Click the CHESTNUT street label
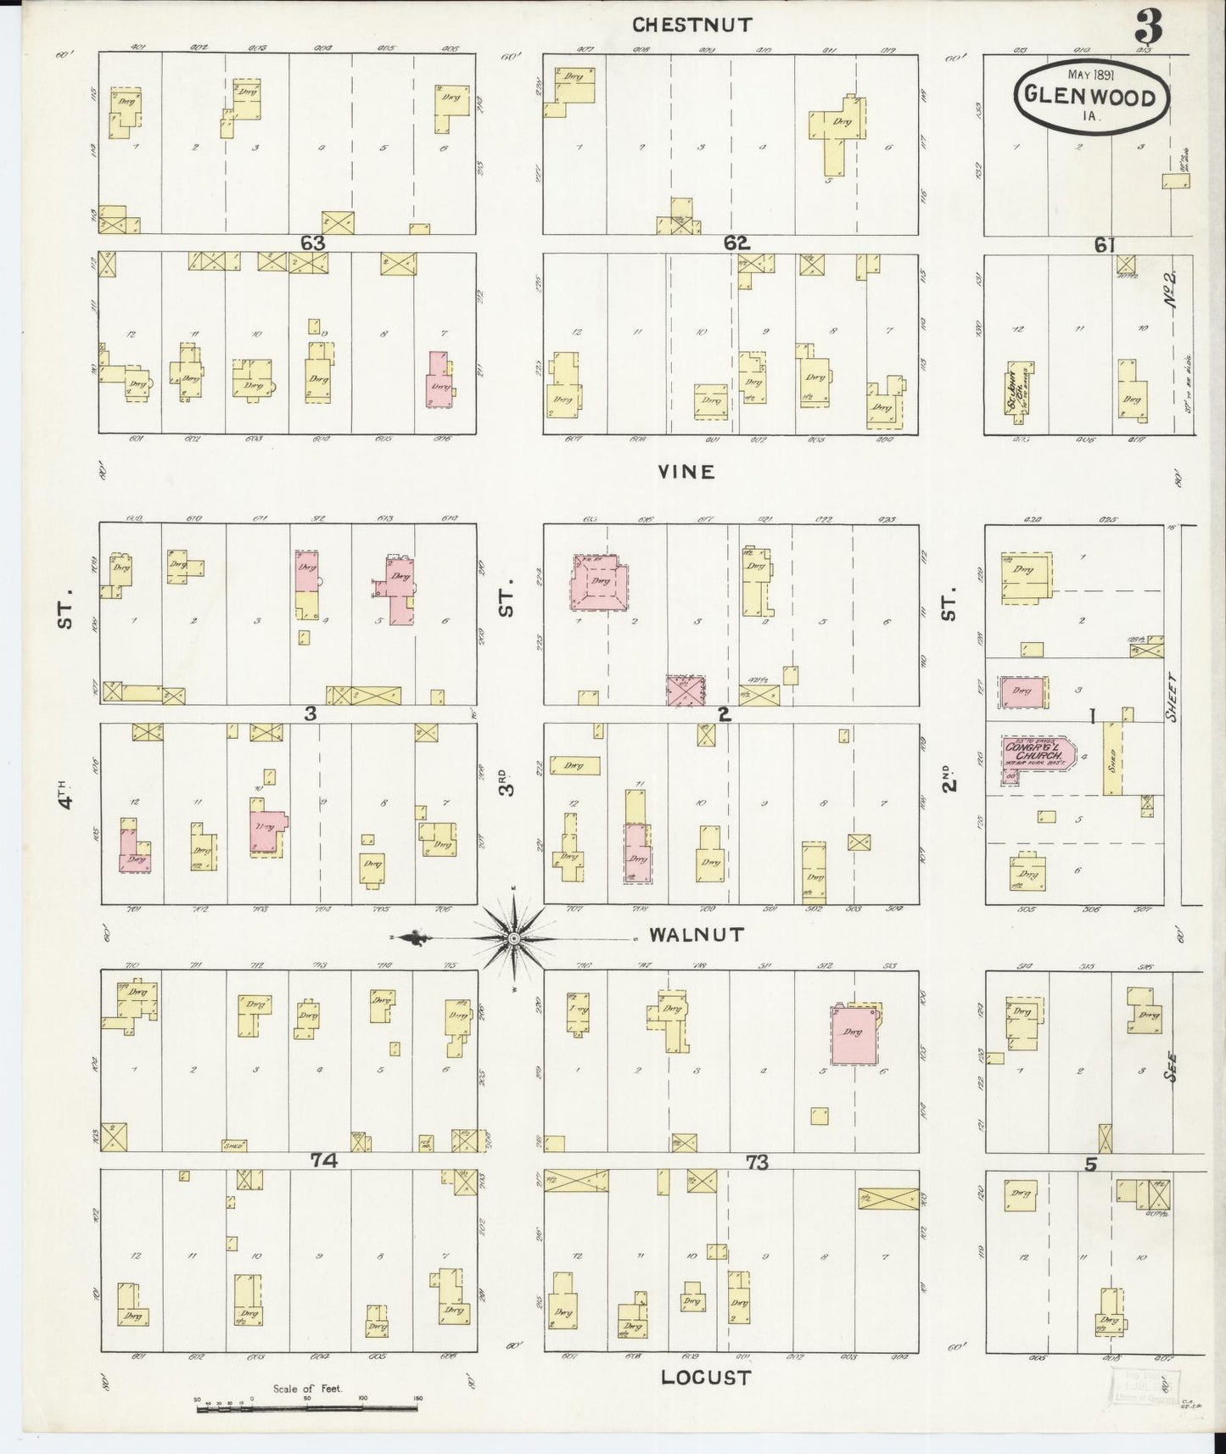[692, 25]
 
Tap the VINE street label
[686, 472]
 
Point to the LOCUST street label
[707, 1378]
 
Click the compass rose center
[513, 938]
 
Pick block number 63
[313, 243]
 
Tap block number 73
[756, 1162]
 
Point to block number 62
[736, 243]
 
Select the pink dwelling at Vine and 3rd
[602, 584]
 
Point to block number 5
[1090, 1165]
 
